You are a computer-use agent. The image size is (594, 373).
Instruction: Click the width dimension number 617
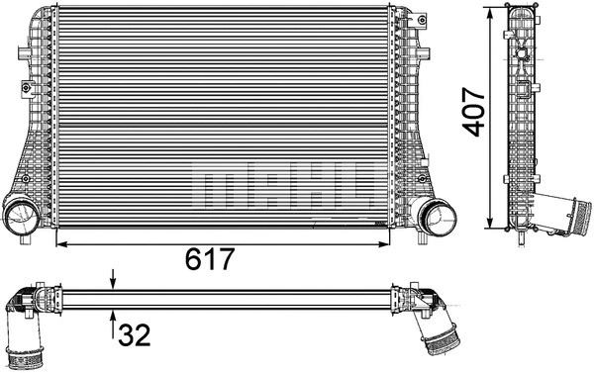[208, 260]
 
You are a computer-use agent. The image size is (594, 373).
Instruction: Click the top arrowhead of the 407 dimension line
[492, 11]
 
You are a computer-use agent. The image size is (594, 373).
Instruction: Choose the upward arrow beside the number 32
[114, 317]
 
